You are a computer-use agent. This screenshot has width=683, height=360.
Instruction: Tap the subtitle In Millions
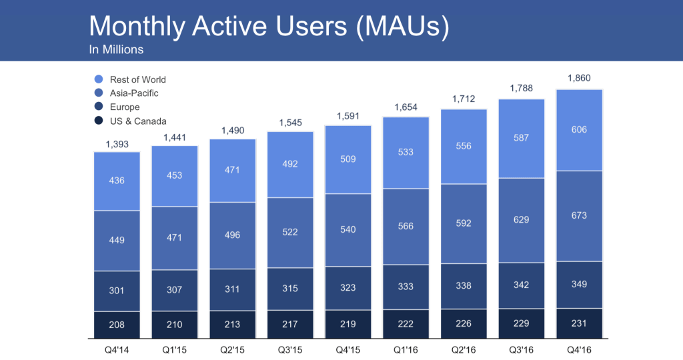(116, 49)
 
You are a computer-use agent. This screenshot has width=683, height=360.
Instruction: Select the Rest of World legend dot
(99, 80)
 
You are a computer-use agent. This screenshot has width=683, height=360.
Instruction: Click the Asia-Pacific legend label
(134, 93)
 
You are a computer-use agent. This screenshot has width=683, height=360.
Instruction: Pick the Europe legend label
(125, 107)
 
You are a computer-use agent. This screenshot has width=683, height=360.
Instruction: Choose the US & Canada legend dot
(99, 121)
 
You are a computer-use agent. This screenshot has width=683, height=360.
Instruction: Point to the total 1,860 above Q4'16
(579, 79)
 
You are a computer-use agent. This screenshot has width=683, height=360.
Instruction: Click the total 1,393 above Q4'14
(117, 143)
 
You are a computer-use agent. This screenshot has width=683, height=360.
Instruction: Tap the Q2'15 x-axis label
(233, 348)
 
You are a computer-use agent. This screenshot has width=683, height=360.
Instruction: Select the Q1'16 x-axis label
(406, 348)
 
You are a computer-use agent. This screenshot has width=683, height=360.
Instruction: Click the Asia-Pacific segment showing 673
(579, 215)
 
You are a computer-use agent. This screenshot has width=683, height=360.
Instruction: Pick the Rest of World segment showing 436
(117, 181)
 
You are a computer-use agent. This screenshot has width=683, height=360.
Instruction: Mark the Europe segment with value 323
(348, 288)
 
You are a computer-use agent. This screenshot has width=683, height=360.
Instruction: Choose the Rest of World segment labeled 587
(522, 138)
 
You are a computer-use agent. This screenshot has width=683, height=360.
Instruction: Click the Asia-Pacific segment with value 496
(233, 235)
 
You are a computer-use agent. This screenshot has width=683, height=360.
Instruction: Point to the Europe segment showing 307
(175, 290)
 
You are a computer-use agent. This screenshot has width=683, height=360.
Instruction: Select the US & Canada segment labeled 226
(464, 323)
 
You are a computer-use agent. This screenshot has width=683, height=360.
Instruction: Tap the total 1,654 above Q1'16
(406, 107)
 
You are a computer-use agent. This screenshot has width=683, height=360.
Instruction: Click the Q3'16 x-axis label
(522, 348)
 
